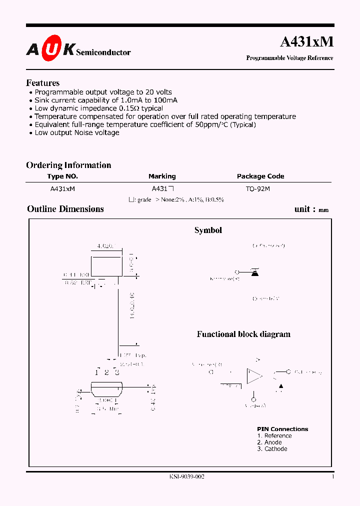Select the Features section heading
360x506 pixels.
click(x=42, y=83)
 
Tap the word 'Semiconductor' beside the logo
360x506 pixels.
click(x=103, y=52)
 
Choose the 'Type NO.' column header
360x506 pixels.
click(x=62, y=176)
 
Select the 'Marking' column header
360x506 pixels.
click(x=162, y=176)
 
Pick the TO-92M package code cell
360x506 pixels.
click(x=258, y=189)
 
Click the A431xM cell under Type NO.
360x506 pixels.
click(x=62, y=189)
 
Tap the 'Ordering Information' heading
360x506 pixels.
click(x=68, y=165)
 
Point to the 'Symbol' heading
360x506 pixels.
click(x=208, y=230)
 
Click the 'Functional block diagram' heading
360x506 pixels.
click(x=243, y=334)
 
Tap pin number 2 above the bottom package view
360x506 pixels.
click(x=106, y=372)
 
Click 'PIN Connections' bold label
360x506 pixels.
click(x=282, y=429)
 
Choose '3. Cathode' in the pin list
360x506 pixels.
click(x=272, y=449)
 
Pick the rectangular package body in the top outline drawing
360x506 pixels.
click(x=106, y=265)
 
